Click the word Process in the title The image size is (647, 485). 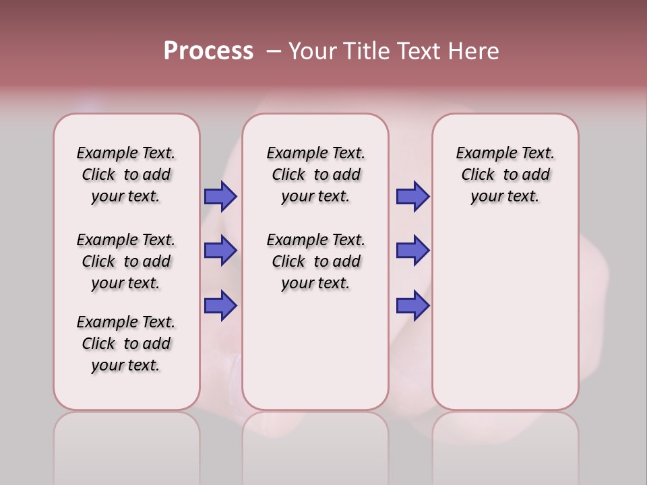pos(208,51)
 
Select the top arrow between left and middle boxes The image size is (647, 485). pos(220,196)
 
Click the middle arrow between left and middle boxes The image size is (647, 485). pos(220,251)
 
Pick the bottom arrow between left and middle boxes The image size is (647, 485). pos(220,305)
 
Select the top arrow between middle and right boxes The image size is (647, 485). pos(412,196)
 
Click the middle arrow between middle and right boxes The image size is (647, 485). pos(412,251)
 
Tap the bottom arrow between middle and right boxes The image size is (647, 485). pos(412,305)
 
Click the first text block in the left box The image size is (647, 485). pos(126,174)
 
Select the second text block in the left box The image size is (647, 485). pos(126,261)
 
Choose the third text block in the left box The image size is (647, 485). pos(126,344)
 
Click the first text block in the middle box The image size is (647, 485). pos(315,174)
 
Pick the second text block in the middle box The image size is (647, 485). pos(315,261)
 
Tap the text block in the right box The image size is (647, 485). pos(505,174)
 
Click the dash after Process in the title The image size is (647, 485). pos(274,51)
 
